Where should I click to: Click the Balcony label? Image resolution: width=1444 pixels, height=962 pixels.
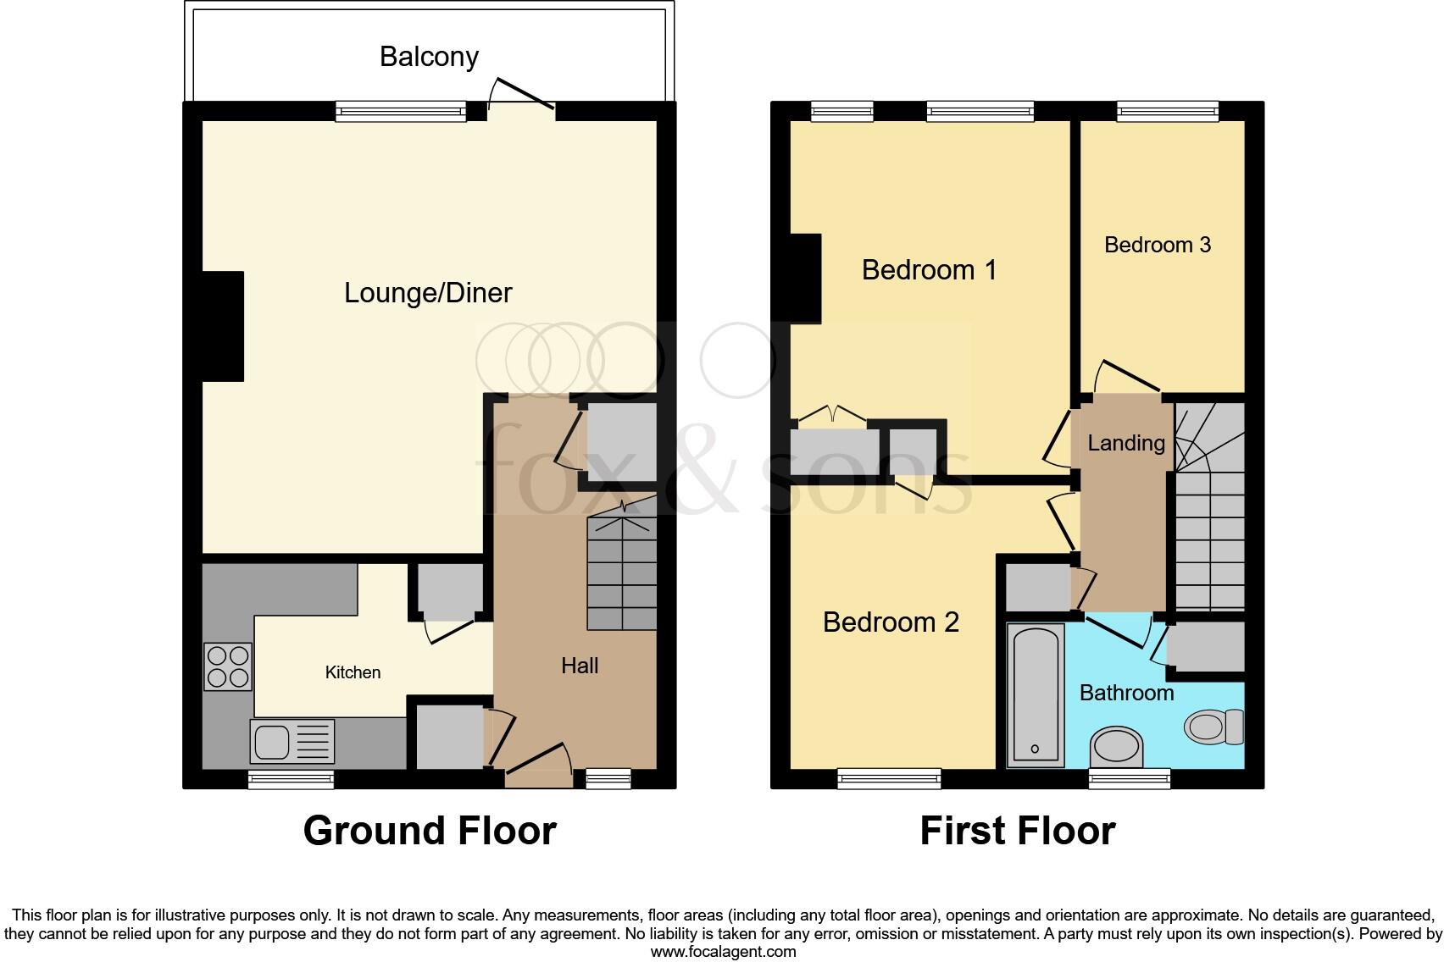[x=429, y=57]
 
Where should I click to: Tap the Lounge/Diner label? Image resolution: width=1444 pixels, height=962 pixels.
[x=428, y=293]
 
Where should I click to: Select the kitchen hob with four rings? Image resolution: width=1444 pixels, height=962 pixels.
[x=228, y=666]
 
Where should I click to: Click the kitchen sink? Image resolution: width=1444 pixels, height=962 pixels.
[x=292, y=741]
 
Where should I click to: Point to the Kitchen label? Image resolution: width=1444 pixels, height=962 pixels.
[x=353, y=672]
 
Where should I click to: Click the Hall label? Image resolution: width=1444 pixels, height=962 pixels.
[x=580, y=666]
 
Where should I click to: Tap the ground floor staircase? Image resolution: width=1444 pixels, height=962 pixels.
[x=622, y=576]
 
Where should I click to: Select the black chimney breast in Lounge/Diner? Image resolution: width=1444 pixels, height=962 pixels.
[x=223, y=326]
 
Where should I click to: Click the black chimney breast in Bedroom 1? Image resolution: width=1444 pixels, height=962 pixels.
[x=805, y=278]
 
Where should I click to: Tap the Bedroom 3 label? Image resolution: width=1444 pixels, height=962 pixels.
[x=1158, y=245]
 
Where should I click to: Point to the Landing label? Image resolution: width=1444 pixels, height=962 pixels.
[x=1126, y=443]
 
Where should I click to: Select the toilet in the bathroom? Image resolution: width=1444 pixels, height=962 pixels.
[x=1214, y=727]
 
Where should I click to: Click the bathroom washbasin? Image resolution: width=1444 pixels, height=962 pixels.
[x=1117, y=746]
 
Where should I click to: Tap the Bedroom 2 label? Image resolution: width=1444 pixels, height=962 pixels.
[x=891, y=622]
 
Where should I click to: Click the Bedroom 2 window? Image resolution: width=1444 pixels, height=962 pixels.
[x=889, y=778]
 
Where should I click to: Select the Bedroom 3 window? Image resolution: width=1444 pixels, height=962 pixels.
[x=1167, y=110]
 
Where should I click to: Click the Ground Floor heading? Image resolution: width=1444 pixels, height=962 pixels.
[x=430, y=831]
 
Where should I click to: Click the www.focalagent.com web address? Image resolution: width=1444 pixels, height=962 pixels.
[x=723, y=951]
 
